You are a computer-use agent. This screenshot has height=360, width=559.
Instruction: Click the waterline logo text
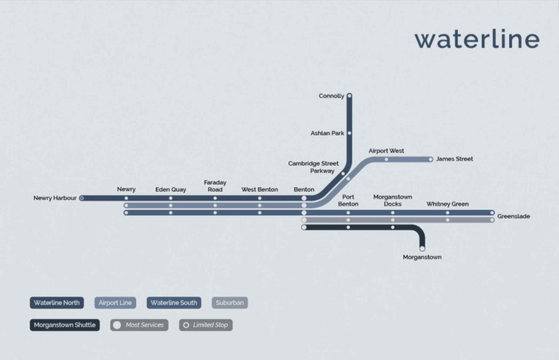(x=477, y=40)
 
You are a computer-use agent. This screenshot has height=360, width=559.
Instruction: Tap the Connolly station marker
(x=349, y=96)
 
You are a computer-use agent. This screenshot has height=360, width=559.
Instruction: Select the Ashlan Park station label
(x=327, y=133)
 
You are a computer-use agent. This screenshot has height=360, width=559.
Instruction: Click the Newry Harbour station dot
(x=82, y=198)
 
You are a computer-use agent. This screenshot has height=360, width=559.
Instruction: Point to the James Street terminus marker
(x=430, y=159)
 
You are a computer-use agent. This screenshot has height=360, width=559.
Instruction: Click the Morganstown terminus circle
(x=422, y=248)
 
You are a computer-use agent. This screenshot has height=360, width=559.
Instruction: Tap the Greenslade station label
(x=513, y=216)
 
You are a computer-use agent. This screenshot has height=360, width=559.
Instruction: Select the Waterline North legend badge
(x=57, y=303)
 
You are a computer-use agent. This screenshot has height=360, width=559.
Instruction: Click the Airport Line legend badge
(x=115, y=303)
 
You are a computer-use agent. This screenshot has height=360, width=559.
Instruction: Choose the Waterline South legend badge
(x=174, y=303)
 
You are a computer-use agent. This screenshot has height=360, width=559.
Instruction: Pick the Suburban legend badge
(x=230, y=303)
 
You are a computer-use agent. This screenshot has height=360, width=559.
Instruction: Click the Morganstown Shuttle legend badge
(x=65, y=325)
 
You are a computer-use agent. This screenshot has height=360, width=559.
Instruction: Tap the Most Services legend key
(x=139, y=325)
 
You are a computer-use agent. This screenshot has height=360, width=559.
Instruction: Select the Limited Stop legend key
(x=206, y=325)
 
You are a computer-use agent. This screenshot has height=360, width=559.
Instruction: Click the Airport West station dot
(x=386, y=159)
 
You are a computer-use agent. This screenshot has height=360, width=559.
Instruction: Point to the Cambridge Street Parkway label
(x=313, y=167)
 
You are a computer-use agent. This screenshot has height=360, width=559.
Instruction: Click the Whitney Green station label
(x=447, y=204)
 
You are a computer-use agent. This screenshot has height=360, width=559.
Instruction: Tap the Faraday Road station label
(x=215, y=186)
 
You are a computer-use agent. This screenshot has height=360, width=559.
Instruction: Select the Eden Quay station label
(x=171, y=189)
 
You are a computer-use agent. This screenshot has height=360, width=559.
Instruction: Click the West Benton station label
(x=260, y=189)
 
